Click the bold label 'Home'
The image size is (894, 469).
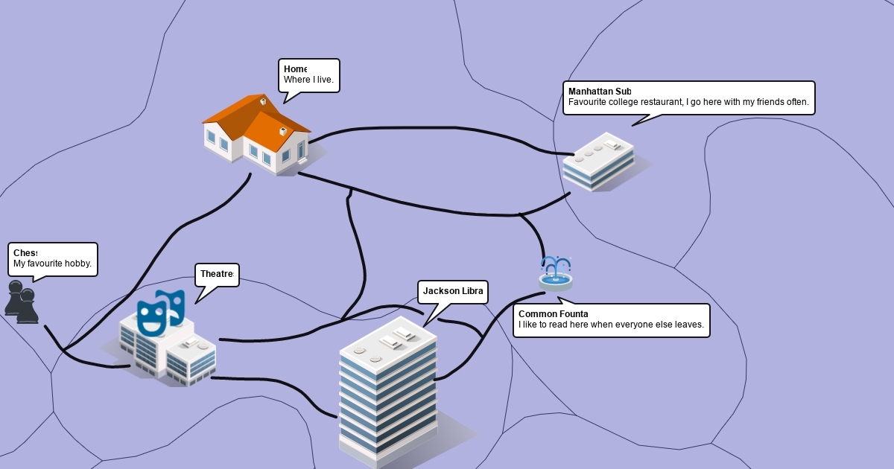point(295,69)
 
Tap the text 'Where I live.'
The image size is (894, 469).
point(308,80)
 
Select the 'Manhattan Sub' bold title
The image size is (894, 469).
point(599,92)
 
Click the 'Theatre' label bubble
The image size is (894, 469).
point(217,275)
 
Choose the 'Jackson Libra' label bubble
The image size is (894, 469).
point(453,291)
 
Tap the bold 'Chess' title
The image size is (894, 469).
point(25,253)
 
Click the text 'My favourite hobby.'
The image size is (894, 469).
point(52,264)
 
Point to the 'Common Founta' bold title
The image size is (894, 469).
point(553,314)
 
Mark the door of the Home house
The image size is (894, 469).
point(301,151)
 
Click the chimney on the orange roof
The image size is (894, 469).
point(263,101)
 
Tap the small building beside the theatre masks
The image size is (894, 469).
point(191,359)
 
